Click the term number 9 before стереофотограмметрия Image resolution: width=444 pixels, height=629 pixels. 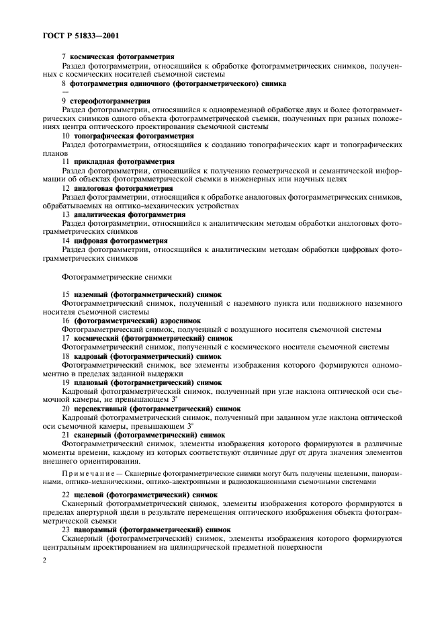(x=63, y=101)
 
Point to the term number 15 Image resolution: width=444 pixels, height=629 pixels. (x=65, y=294)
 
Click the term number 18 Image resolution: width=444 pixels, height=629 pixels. (x=65, y=355)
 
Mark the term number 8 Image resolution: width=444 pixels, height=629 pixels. (x=63, y=84)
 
